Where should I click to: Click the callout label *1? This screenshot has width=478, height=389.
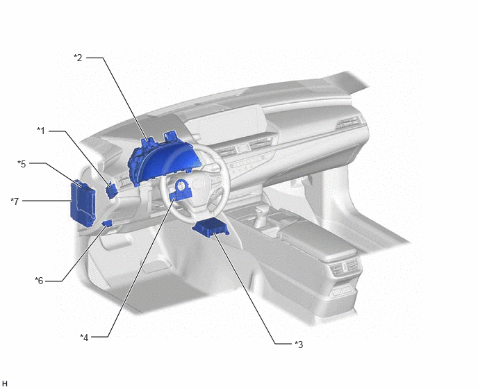(x=41, y=131)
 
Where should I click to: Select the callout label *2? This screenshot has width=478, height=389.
(x=78, y=58)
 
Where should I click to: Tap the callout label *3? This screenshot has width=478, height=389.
(x=299, y=345)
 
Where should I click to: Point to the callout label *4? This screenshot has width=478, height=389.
(x=84, y=338)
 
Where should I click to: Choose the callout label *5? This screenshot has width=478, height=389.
(x=22, y=164)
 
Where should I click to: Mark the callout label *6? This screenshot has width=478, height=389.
(x=39, y=281)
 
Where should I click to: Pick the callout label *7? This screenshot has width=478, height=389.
(x=15, y=201)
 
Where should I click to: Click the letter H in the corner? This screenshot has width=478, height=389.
(x=5, y=383)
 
